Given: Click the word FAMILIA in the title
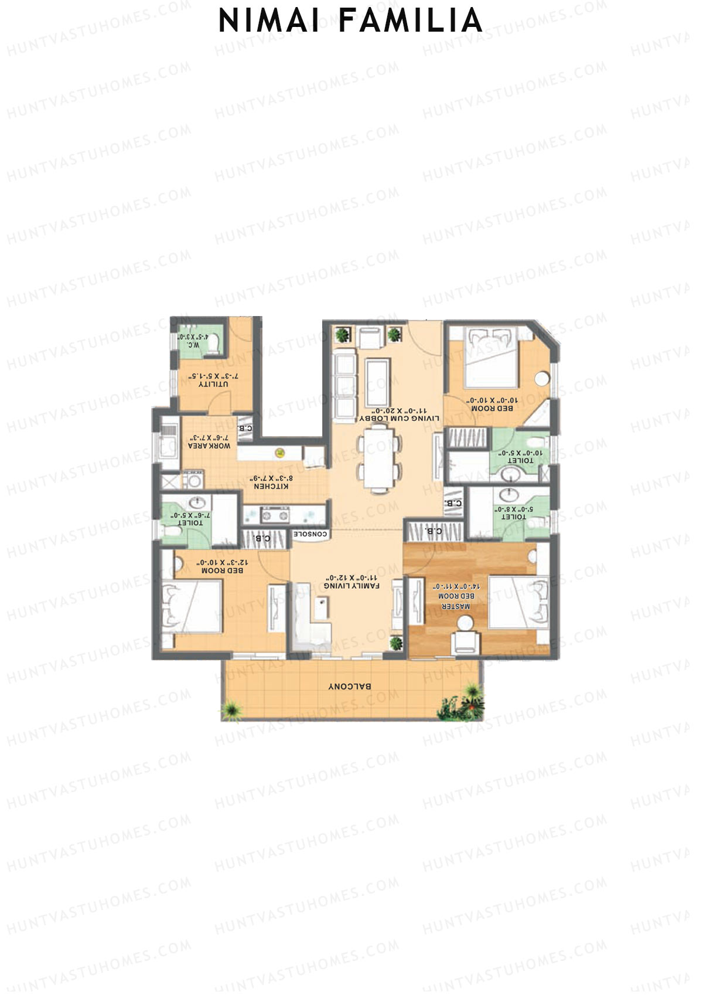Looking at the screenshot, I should coord(410,21).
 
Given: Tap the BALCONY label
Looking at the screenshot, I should coord(350,686).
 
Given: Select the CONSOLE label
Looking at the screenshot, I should coord(311,534).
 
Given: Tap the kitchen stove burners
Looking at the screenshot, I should coord(275,516).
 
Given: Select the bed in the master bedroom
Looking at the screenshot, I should coord(518,603).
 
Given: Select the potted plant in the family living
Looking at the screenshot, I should coord(397,643).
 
